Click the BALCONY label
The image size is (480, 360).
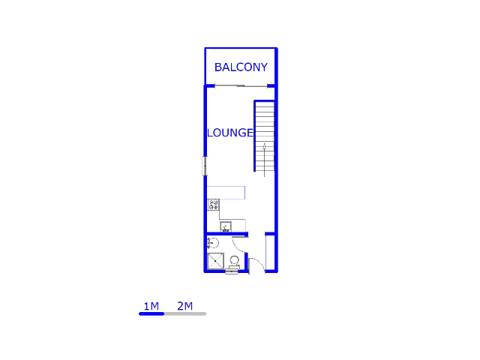pos(241,67)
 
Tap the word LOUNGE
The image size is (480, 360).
pos(230,133)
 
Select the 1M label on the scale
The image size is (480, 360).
pos(151,305)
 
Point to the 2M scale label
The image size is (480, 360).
pos(184,305)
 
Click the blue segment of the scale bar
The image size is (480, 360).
pos(151,313)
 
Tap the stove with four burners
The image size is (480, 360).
pos(214,204)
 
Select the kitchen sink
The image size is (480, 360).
pos(226,226)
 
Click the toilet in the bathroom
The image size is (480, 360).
pos(234,262)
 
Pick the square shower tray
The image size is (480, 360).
pos(215,261)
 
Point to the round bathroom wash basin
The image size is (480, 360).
pos(212,242)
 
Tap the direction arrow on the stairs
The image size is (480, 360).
pos(265,154)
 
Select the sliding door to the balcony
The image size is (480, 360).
pos(241,86)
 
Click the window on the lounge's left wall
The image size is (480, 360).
pos(205,166)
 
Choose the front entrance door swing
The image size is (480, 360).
pos(256,263)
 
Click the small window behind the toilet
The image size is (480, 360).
pos(232,271)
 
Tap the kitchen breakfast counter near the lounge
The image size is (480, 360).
pos(226,193)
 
